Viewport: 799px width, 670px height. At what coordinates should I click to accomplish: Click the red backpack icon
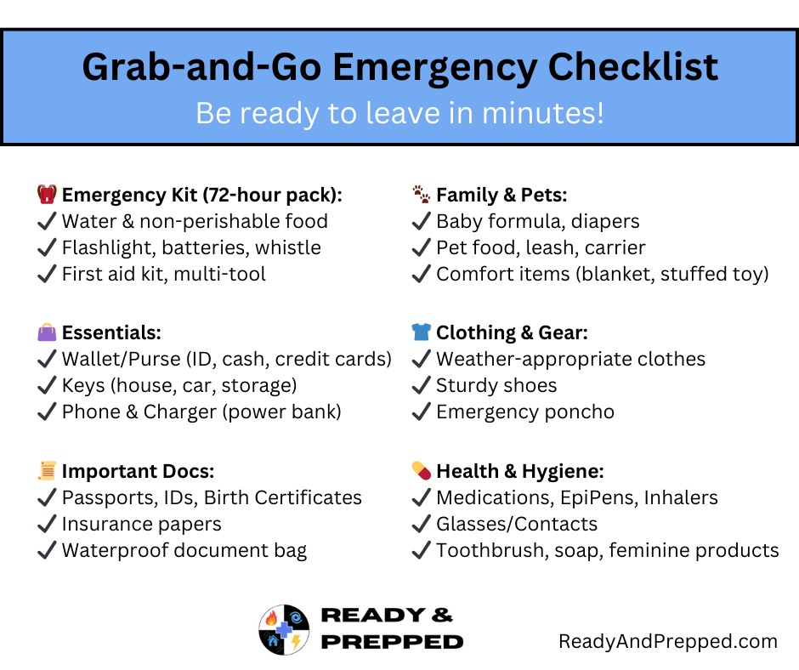pos(47,194)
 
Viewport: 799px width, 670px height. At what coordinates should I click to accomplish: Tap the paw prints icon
pos(422,194)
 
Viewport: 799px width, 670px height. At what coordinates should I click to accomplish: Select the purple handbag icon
pos(47,332)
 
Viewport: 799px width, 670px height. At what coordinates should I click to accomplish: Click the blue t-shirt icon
pos(422,332)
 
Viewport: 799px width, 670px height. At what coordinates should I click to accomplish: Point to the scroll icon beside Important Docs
pos(47,471)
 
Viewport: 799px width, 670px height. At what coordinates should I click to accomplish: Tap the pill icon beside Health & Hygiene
pos(422,471)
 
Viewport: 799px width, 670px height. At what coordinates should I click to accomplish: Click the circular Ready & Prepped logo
pos(284,630)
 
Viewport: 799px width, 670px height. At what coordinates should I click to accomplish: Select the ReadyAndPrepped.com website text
pos(668,641)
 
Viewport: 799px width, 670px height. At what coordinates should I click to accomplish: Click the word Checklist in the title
pos(633,67)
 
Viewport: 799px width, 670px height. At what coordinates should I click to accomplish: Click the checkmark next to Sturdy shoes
pos(421,385)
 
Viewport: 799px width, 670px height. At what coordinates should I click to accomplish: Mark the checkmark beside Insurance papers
pos(47,524)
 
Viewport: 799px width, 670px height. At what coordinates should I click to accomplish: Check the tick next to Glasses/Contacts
pos(421,524)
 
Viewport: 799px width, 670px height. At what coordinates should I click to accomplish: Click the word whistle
pos(288,247)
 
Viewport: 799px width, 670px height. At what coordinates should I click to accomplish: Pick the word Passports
pos(110,498)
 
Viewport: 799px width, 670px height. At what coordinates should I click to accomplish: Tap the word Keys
pos(83,386)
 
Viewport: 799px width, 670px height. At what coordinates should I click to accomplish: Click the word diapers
pos(605,222)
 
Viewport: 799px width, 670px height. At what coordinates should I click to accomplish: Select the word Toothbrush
pos(492,551)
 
